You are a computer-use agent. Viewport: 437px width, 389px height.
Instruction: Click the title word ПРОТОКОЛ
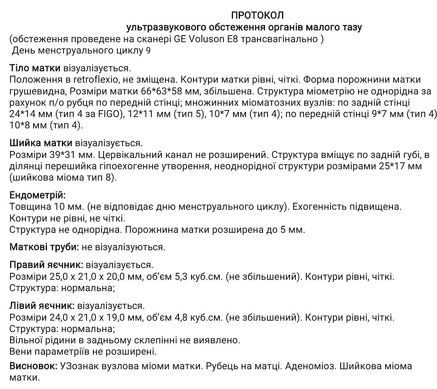pos(257,15)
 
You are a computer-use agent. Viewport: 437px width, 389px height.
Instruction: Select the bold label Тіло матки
pos(35,68)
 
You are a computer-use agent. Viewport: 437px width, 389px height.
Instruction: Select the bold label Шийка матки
pos(40,143)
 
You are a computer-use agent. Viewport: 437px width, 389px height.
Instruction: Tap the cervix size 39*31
pos(58,155)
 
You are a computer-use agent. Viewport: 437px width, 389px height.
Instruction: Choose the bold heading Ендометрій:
pos(37,195)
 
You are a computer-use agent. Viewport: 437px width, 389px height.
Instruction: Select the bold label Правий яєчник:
pos(46,265)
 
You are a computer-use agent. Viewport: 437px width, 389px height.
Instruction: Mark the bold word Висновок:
pos(33,367)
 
